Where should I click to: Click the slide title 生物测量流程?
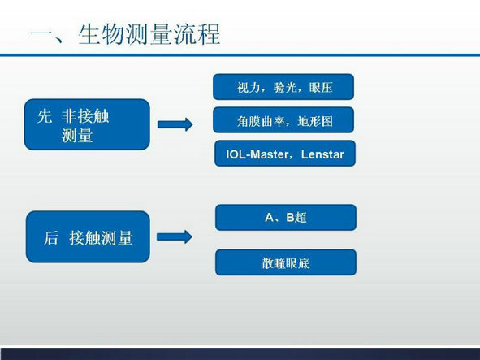(x=149, y=34)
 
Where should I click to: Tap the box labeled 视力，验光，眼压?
(x=283, y=87)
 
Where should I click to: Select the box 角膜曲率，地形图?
(x=283, y=120)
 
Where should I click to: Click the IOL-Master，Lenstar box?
(x=285, y=154)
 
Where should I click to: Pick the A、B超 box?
(x=286, y=217)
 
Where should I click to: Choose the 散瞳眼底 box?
(x=286, y=262)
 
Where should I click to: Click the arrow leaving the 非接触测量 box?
(x=175, y=124)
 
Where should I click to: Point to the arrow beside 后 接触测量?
(x=175, y=236)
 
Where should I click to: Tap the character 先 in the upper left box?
(x=45, y=116)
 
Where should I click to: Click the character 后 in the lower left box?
(x=51, y=238)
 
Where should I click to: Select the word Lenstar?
(x=322, y=154)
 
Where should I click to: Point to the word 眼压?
(x=321, y=88)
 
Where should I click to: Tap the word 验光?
(x=285, y=88)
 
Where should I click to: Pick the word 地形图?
(x=315, y=121)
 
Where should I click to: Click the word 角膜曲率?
(x=261, y=121)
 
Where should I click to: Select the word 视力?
(x=249, y=88)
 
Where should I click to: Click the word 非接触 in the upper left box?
(x=85, y=116)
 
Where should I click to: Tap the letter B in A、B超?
(x=290, y=218)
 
